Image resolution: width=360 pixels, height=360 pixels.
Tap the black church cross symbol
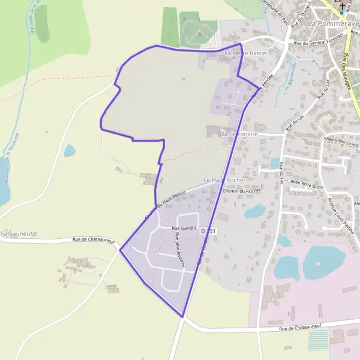click(342, 5)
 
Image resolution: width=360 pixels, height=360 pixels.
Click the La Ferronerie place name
click(239, 134)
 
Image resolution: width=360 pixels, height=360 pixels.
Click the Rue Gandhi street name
click(184, 228)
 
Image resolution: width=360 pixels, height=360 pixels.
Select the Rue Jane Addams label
click(178, 252)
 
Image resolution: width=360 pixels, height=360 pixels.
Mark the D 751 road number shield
click(208, 231)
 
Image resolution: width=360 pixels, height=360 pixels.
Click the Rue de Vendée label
click(263, 85)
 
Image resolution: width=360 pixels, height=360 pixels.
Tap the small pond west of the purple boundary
click(70, 150)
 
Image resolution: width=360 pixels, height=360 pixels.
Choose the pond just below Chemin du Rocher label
click(256, 211)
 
